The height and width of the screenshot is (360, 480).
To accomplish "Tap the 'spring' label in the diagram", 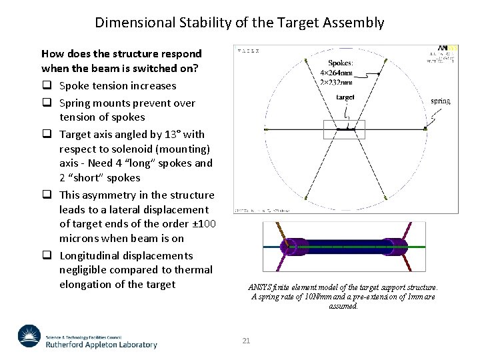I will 441,101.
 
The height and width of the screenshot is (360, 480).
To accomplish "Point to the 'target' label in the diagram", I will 345,97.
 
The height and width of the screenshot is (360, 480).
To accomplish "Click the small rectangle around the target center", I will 344,129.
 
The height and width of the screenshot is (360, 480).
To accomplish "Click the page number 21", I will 246,341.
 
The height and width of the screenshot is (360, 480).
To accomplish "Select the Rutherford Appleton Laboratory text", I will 101,345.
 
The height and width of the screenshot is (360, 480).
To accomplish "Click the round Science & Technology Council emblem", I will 29,336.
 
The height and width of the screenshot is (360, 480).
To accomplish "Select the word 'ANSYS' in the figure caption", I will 261,287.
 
